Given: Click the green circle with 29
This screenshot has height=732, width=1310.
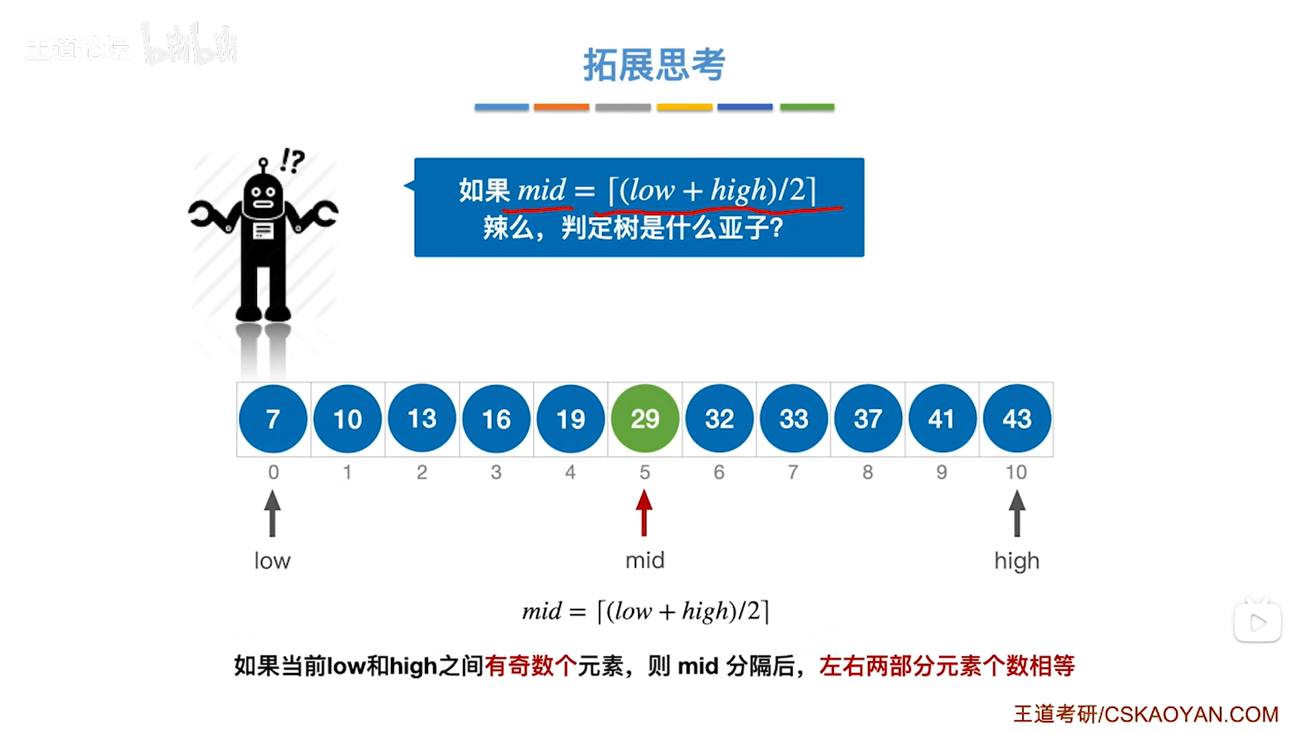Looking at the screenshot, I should (x=644, y=419).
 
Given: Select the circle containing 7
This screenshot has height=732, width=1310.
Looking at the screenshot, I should (x=273, y=419).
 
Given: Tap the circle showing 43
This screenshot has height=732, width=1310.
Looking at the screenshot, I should (x=1017, y=419).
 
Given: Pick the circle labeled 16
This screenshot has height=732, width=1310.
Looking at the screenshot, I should (x=496, y=419).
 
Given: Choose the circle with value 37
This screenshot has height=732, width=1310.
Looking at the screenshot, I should (x=868, y=419).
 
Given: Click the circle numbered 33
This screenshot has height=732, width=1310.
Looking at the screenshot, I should (x=793, y=419).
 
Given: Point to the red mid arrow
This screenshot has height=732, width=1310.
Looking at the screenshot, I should (x=644, y=513).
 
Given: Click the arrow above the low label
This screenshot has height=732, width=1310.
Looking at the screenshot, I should (x=272, y=513).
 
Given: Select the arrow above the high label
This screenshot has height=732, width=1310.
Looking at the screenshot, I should (x=1017, y=513).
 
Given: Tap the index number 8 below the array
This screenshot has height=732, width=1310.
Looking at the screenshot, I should (x=868, y=472).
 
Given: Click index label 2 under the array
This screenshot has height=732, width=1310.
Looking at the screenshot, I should (x=422, y=472).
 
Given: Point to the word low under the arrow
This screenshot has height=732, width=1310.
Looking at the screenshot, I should (x=272, y=561).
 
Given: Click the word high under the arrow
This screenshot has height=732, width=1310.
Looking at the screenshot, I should (x=1017, y=561).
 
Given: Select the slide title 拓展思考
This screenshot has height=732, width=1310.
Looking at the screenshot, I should (x=654, y=65).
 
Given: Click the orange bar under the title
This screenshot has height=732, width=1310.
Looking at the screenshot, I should (x=561, y=107).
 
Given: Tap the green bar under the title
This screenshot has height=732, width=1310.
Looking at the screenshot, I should (x=806, y=107).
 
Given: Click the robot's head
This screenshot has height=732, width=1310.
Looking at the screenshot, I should (x=263, y=195).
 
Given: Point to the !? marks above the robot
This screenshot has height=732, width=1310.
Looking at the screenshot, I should (x=292, y=161).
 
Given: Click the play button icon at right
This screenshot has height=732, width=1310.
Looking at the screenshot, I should (x=1257, y=623).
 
